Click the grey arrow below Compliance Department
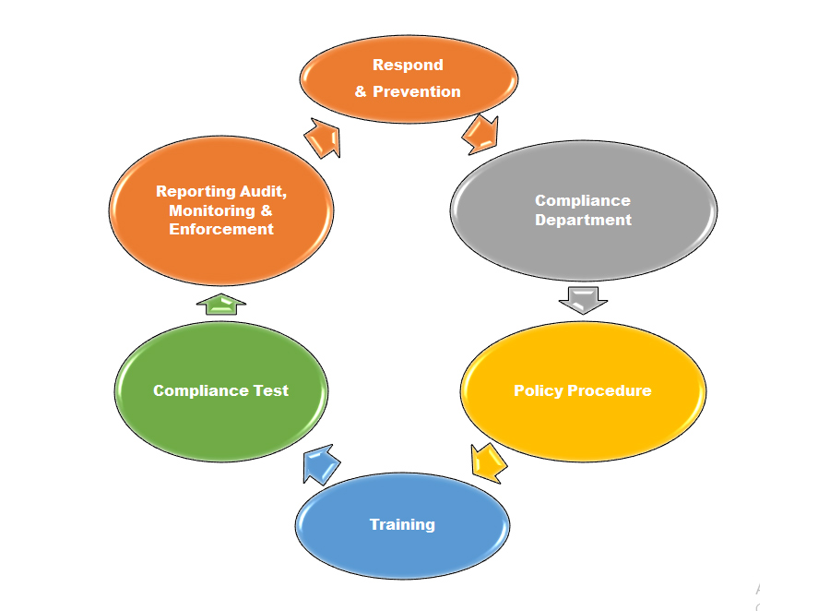click(584, 300)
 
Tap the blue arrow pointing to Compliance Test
click(319, 462)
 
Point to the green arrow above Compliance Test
click(221, 304)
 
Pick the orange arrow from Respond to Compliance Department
click(481, 134)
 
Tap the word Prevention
click(416, 91)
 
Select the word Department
click(583, 220)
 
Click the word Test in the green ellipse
click(271, 390)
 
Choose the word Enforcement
click(221, 229)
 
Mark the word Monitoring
click(207, 210)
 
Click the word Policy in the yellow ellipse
click(538, 390)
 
